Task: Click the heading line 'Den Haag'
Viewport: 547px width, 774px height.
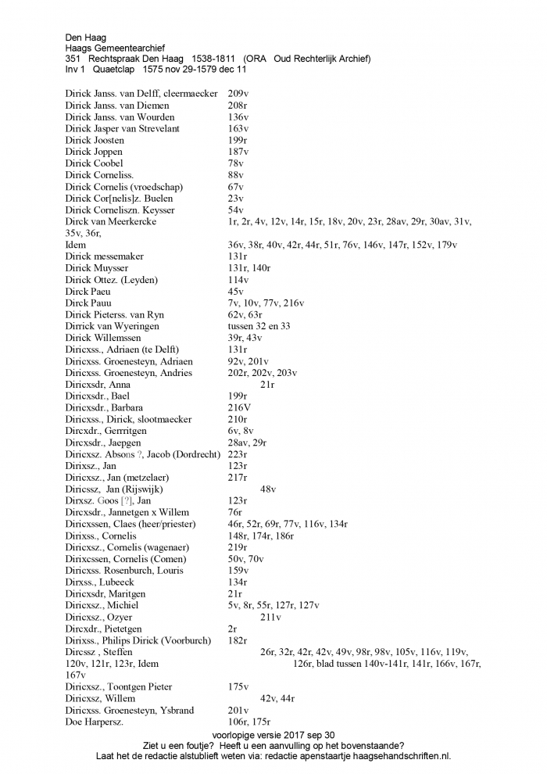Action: pyautogui.click(x=85, y=37)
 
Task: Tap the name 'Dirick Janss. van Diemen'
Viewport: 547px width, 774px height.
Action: pyautogui.click(x=116, y=106)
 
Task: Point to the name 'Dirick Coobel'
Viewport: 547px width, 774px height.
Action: pyautogui.click(x=95, y=163)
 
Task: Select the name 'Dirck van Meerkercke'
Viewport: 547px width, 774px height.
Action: pyautogui.click(x=111, y=222)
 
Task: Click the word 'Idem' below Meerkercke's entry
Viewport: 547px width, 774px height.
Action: pyautogui.click(x=76, y=245)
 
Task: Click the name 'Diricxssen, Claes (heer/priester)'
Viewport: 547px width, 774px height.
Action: pyautogui.click(x=130, y=524)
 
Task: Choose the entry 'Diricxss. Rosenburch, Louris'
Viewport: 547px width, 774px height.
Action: pyautogui.click(x=124, y=571)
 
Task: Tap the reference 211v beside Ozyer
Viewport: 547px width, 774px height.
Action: pyautogui.click(x=270, y=617)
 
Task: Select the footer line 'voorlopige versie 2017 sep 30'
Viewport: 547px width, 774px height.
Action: pyautogui.click(x=273, y=735)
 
